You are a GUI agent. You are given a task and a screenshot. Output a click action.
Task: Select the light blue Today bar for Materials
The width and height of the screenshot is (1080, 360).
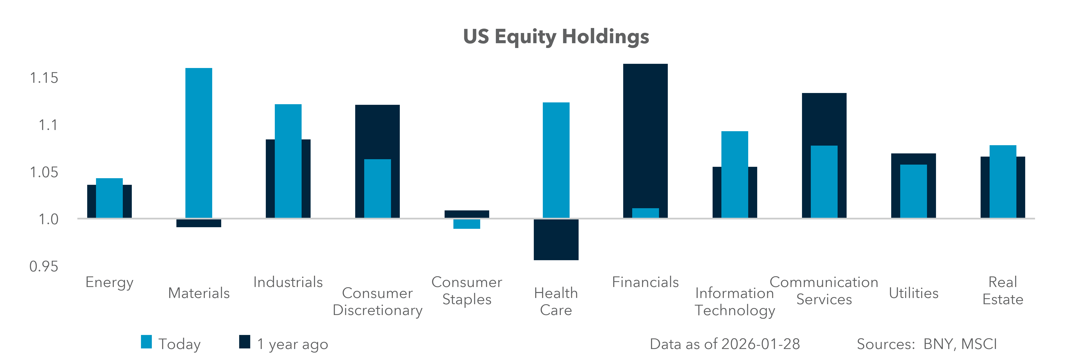tap(199, 142)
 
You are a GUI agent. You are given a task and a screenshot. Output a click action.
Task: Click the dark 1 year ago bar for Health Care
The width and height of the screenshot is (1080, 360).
tap(556, 240)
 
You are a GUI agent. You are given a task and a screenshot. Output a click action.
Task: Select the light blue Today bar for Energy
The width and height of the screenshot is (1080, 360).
tap(109, 198)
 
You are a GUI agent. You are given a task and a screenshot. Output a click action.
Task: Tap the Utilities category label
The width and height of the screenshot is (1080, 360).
tap(914, 293)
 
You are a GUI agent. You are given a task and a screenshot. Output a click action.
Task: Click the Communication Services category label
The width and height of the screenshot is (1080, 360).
tap(824, 290)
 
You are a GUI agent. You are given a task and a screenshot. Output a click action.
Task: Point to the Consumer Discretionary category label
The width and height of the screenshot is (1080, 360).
tap(377, 301)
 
